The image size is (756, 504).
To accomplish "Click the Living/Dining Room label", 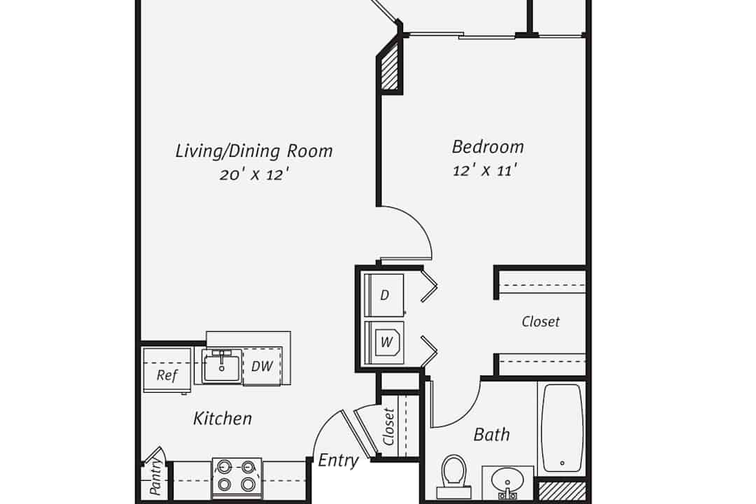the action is click(253, 151).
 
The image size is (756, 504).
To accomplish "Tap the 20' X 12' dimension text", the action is click(254, 174).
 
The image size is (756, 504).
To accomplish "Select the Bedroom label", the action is click(487, 146).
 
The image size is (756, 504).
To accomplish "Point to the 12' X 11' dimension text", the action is click(484, 170).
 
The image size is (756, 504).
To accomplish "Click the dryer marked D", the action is click(384, 295).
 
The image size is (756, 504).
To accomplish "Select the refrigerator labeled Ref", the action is click(167, 370).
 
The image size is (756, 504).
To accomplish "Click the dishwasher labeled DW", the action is click(262, 366).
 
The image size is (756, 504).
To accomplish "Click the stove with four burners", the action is click(237, 477).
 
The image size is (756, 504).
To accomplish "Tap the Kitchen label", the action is click(223, 418).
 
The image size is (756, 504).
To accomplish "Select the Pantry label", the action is click(155, 477).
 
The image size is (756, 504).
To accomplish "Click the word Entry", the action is click(338, 460).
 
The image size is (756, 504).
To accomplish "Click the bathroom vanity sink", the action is click(507, 482).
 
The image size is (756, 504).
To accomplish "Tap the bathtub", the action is click(561, 428).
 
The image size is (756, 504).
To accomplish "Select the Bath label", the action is click(491, 435).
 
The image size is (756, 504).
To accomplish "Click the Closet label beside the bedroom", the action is click(540, 322).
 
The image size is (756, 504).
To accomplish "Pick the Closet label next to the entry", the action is click(388, 427).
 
